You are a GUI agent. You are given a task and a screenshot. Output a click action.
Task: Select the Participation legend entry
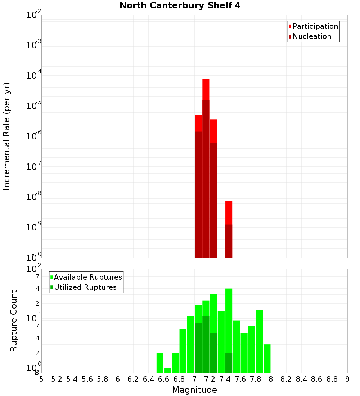click(315, 26)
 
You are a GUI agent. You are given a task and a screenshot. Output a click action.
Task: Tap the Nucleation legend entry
click(311, 36)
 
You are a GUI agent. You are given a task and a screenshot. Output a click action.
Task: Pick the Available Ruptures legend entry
click(87, 277)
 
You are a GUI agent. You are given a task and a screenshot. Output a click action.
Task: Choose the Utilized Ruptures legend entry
click(85, 287)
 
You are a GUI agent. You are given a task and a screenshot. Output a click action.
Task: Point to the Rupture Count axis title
click(14, 321)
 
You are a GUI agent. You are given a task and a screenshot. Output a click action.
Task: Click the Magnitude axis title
click(194, 390)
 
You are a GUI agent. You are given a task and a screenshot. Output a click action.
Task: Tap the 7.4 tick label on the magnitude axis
click(225, 379)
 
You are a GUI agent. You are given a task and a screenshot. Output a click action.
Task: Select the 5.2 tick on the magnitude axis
click(57, 379)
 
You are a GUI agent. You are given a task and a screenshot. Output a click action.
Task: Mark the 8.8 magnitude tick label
click(332, 379)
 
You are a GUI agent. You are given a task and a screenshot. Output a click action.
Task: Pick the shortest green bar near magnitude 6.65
click(167, 370)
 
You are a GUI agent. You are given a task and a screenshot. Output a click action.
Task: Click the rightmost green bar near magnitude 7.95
click(267, 358)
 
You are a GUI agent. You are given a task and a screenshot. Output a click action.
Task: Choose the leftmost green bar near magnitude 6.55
click(160, 363)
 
